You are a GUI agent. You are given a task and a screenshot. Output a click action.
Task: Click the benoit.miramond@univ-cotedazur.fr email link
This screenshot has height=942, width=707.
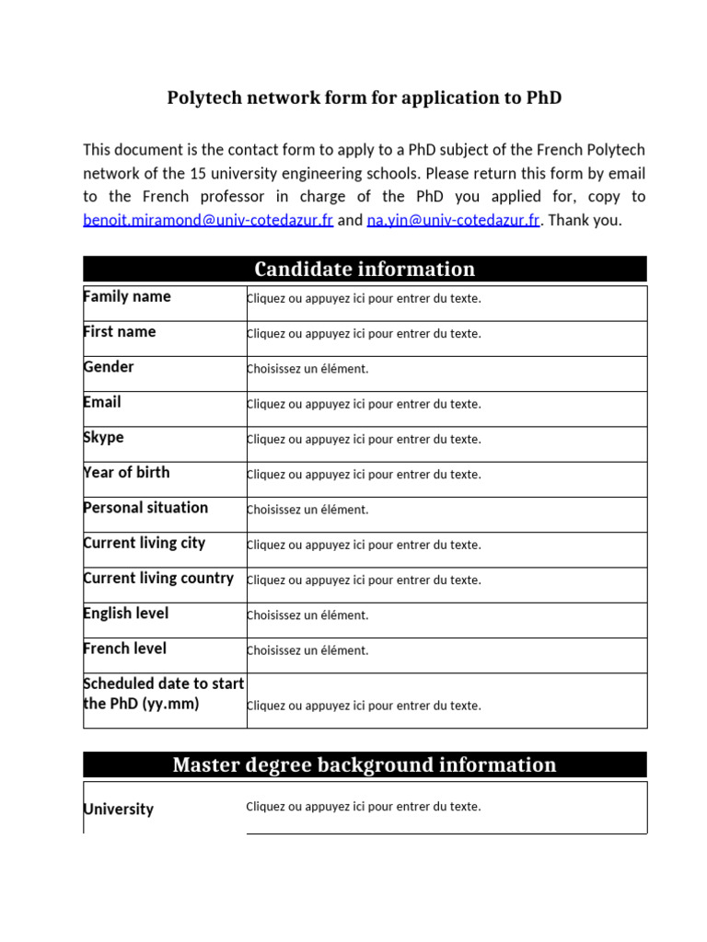pos(207,221)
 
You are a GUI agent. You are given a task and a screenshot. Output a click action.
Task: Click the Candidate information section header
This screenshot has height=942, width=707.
pos(365,269)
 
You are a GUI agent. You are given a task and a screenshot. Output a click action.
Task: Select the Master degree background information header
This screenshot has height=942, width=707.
pos(365,764)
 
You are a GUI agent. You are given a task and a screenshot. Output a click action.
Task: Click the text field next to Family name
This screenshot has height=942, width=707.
pos(364,299)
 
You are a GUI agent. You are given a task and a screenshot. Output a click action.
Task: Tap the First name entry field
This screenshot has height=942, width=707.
pos(364,334)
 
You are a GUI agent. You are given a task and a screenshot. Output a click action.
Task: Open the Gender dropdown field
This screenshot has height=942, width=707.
pos(307,369)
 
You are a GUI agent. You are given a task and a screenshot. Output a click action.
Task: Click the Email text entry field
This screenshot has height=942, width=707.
pos(364,404)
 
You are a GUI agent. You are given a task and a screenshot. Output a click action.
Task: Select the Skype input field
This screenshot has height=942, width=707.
pos(364,440)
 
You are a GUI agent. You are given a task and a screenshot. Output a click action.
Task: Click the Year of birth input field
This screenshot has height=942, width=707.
pos(364,475)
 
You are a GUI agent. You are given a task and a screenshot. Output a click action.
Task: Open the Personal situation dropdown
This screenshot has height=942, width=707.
pos(307,510)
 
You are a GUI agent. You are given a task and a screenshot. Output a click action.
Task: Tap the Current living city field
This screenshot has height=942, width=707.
pos(364,545)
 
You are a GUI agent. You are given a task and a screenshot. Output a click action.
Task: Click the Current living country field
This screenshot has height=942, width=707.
pos(364,580)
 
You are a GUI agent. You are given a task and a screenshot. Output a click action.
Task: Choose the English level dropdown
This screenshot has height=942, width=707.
pos(307,615)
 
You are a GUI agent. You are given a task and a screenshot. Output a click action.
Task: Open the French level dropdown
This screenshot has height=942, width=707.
pos(307,650)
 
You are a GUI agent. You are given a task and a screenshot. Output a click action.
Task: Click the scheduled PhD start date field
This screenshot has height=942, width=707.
pos(364,706)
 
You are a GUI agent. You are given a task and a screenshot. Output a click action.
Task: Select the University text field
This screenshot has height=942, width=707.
pos(364,807)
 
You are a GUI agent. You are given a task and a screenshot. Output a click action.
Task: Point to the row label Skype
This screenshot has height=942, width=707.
pos(104,438)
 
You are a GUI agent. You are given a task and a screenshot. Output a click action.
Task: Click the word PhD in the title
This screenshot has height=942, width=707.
pos(544,98)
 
